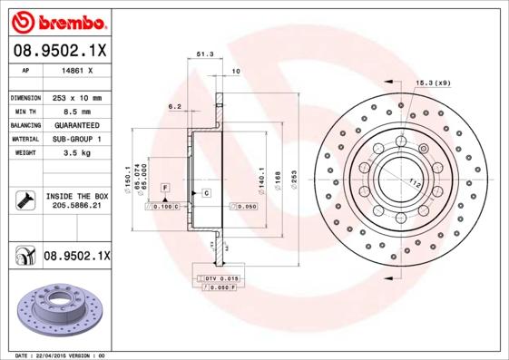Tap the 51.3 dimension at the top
pos(205,55)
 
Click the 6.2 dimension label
pos(175,106)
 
